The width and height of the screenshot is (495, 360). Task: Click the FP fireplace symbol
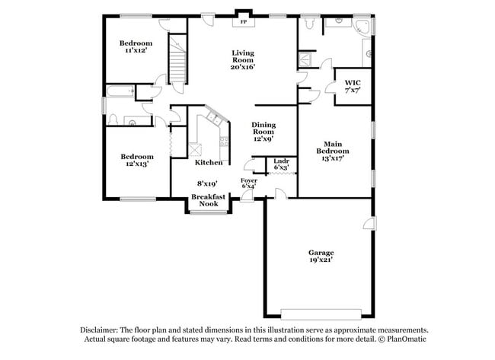244,22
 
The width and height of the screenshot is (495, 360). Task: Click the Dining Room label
263,131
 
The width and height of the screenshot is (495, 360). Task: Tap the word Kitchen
208,162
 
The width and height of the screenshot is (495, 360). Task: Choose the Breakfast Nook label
207,199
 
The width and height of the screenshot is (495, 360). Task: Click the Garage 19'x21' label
321,256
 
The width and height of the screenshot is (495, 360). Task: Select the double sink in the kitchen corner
214,120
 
